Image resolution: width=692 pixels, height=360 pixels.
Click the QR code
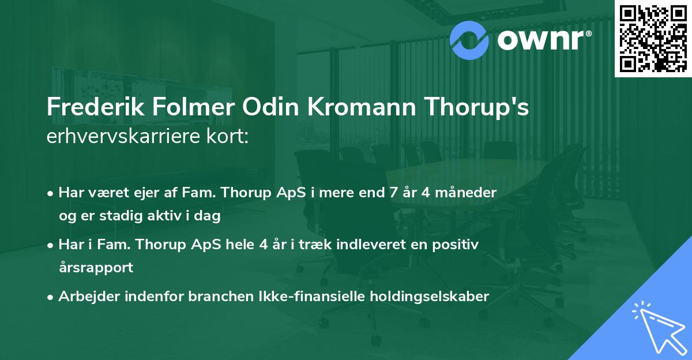653,39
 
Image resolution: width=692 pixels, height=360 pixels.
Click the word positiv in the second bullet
457,244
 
